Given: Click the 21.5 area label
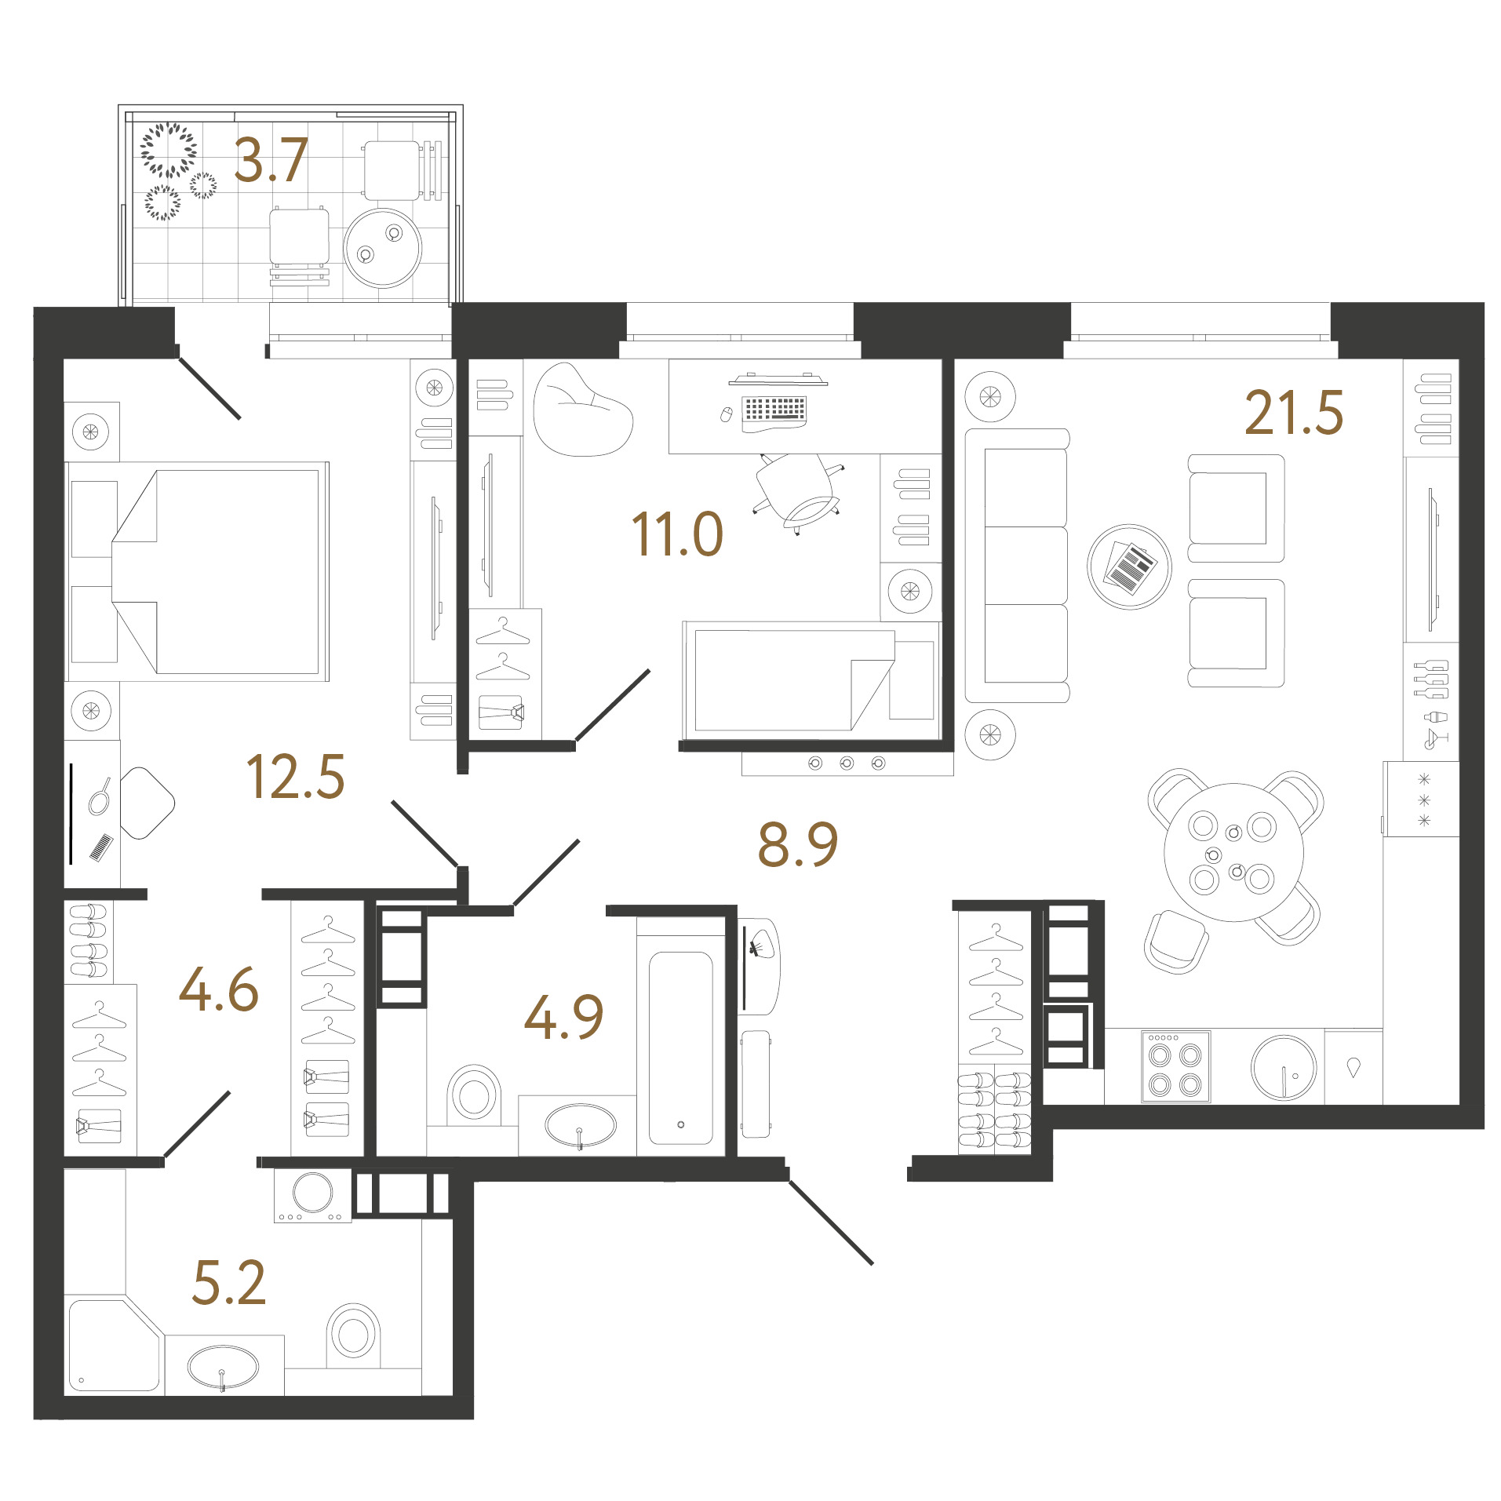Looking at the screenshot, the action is tap(1293, 413).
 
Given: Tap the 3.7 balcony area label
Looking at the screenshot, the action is tap(271, 160).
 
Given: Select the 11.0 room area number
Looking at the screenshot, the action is tap(676, 534).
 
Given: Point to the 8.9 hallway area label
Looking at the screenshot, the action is tap(797, 844).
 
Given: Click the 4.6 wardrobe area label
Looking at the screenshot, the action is tap(219, 989).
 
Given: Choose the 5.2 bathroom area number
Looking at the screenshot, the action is tap(229, 1283).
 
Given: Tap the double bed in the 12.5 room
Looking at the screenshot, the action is tap(197, 571).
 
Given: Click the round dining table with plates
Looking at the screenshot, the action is tap(1233, 852).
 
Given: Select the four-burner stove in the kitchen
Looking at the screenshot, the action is tap(1175, 1066).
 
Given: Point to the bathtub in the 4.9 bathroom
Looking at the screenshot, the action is tap(681, 1047).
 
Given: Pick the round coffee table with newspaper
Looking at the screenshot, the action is tap(1129, 567).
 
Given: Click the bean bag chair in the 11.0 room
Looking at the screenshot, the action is tap(582, 410).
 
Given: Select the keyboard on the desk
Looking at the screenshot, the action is tap(774, 409).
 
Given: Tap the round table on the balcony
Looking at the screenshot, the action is tap(383, 248).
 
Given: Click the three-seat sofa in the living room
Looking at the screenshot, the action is tap(1018, 565).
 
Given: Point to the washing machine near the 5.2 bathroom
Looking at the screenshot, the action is tap(313, 1195).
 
